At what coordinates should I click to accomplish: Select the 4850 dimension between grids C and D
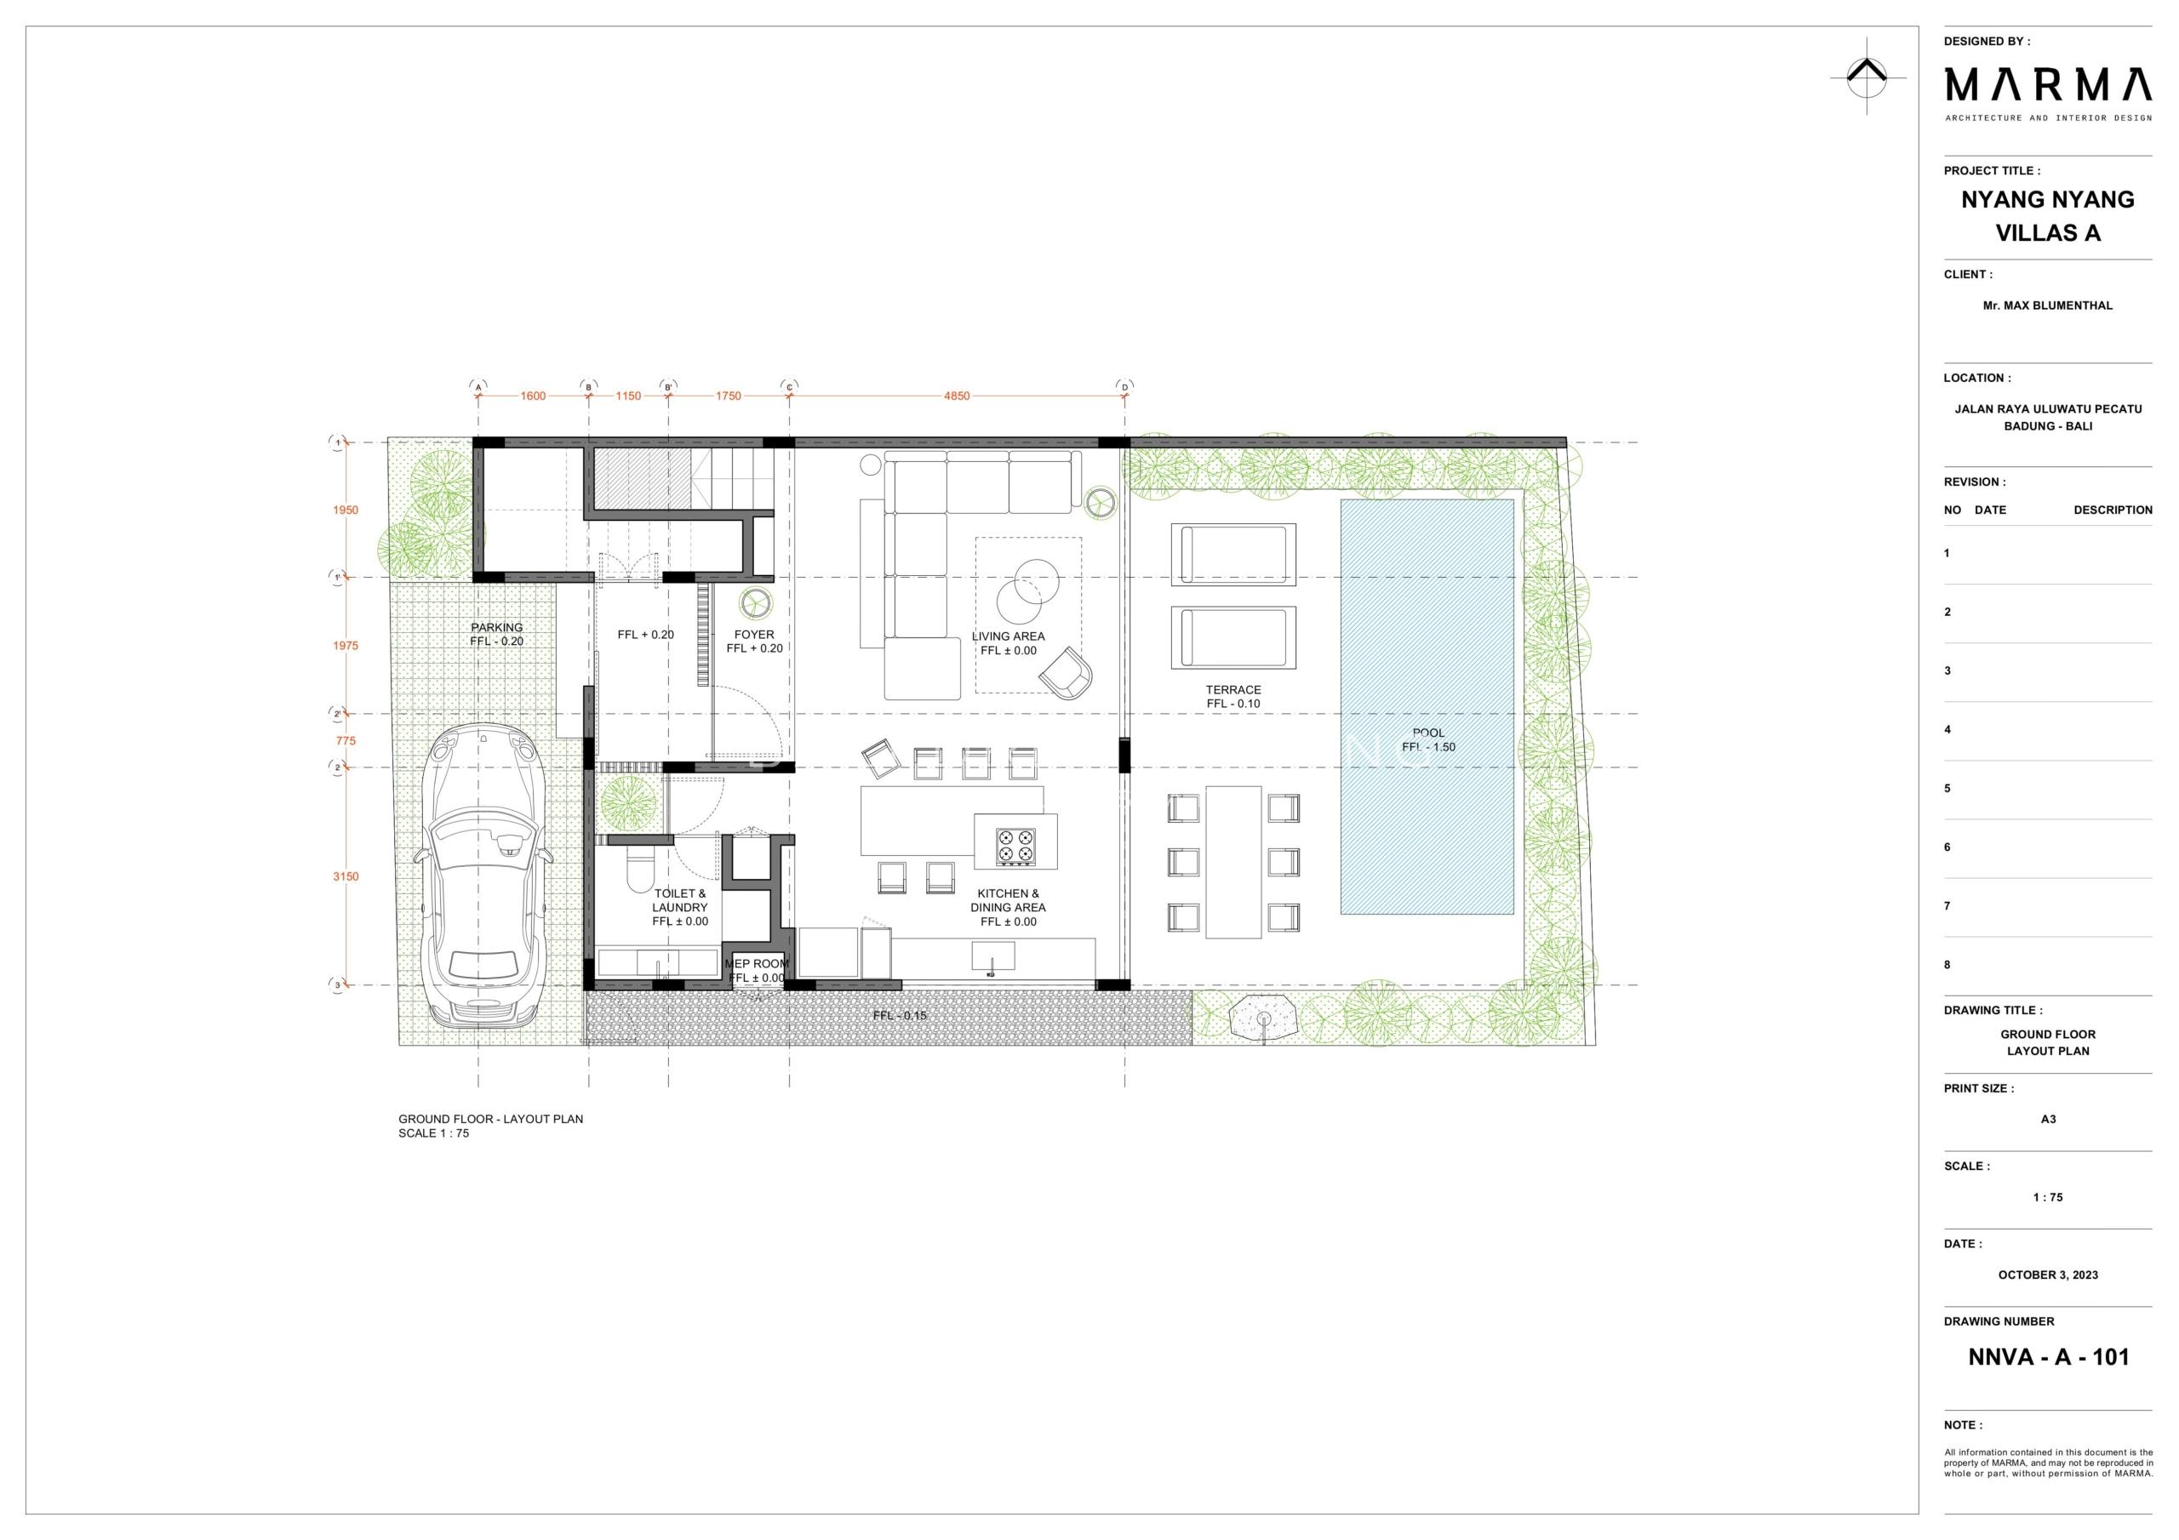tap(957, 396)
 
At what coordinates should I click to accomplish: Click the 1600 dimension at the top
tap(534, 396)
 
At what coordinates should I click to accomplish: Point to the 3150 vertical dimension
tap(346, 876)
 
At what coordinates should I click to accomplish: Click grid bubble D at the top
tap(1124, 387)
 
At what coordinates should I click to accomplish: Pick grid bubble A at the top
tap(478, 387)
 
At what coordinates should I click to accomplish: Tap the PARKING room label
tap(496, 627)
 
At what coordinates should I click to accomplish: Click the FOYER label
tap(754, 635)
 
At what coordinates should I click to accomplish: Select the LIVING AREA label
tap(1008, 636)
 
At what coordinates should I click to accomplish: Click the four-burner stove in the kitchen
tap(1015, 847)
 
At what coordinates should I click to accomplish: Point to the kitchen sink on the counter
tap(992, 956)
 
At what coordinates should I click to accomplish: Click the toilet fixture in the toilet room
tap(642, 866)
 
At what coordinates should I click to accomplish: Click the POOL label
tap(1428, 733)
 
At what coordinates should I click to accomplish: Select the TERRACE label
tap(1233, 690)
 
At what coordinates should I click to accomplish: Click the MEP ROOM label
tap(757, 964)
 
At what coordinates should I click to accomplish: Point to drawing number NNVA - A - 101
tap(2049, 1357)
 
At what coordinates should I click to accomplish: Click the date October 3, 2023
tap(2048, 1275)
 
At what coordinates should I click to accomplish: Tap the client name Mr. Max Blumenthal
tap(2048, 305)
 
